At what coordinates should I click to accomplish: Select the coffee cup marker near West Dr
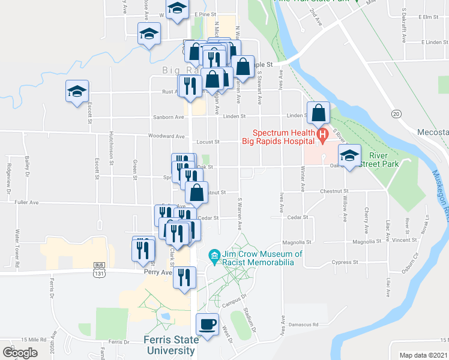pyautogui.click(x=208, y=324)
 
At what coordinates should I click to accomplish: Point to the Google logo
pyautogui.click(x=20, y=353)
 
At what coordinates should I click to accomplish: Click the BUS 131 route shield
pyautogui.click(x=99, y=269)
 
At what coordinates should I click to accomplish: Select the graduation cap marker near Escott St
pyautogui.click(x=77, y=92)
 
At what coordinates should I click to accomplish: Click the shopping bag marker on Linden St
pyautogui.click(x=319, y=112)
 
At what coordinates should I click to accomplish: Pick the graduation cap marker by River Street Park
pyautogui.click(x=349, y=156)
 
